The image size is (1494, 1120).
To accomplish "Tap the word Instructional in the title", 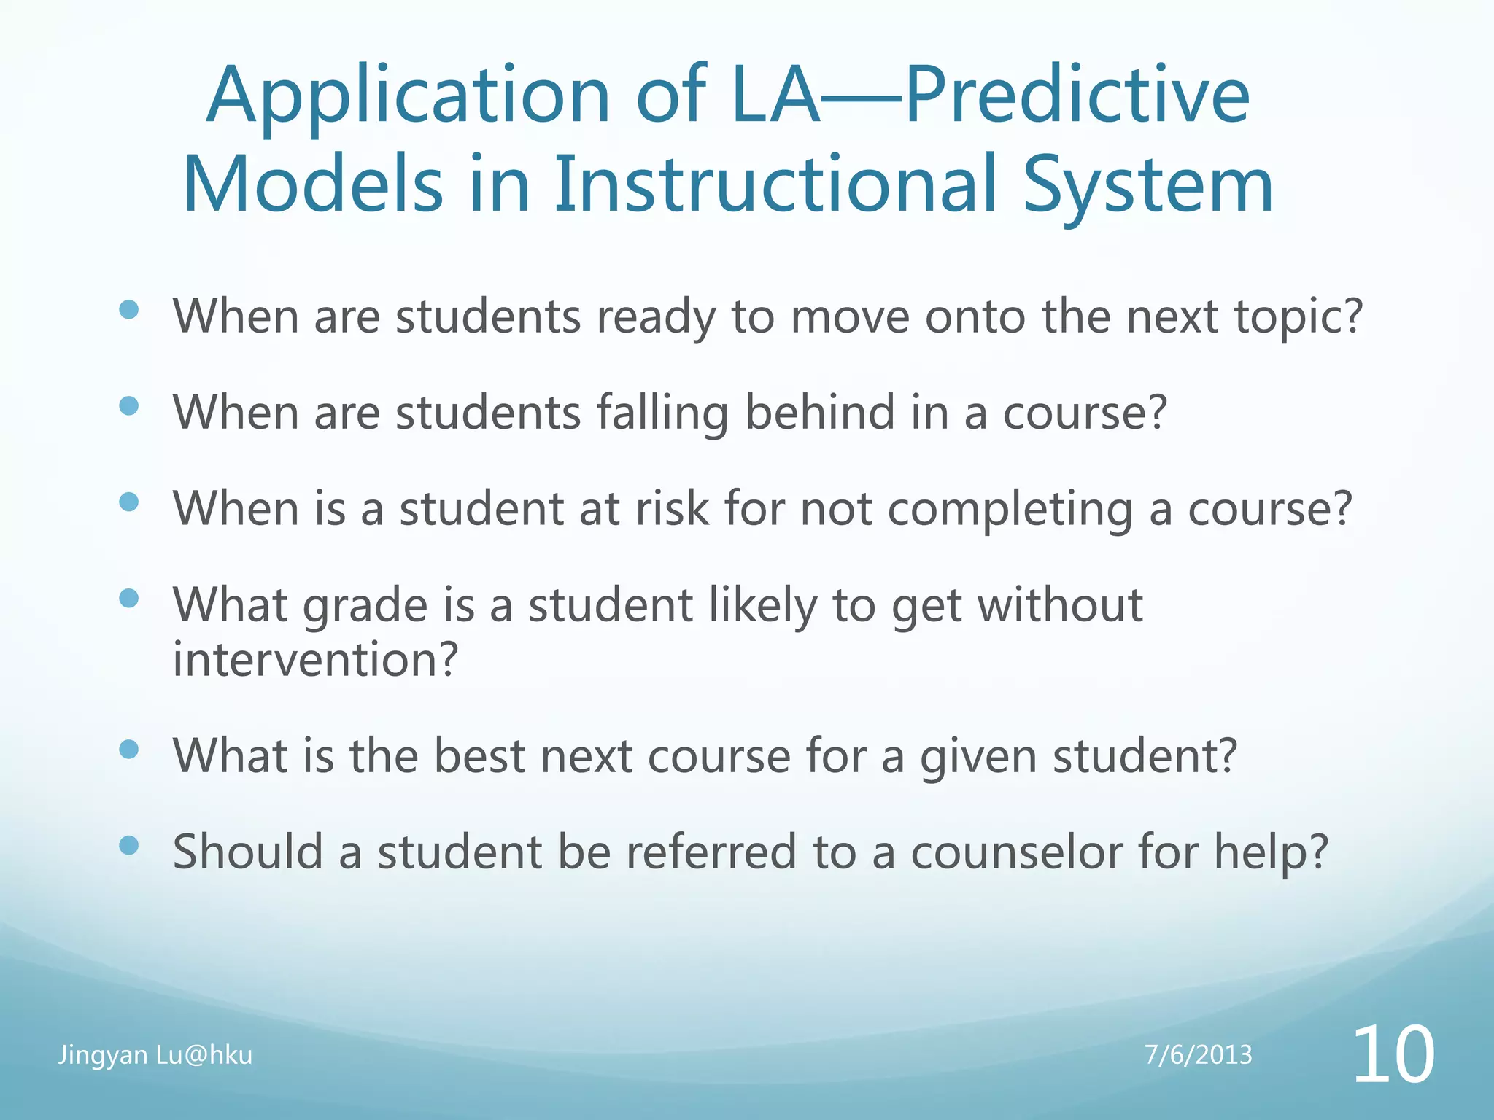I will click(775, 185).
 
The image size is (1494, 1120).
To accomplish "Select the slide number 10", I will click(1393, 1054).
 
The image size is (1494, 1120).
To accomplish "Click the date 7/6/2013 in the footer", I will click(1198, 1055).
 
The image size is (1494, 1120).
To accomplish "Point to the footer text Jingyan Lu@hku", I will click(155, 1055).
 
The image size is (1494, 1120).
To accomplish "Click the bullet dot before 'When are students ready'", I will click(128, 310).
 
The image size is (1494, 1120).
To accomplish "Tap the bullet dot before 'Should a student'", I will click(128, 845).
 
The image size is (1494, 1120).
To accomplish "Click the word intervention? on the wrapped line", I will click(315, 660).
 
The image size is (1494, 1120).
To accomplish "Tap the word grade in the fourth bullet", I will click(365, 607).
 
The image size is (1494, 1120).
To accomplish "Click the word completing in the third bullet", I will click(1010, 510).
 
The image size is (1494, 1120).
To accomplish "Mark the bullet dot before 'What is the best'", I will click(128, 749).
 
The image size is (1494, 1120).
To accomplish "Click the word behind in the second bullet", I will click(819, 413).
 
